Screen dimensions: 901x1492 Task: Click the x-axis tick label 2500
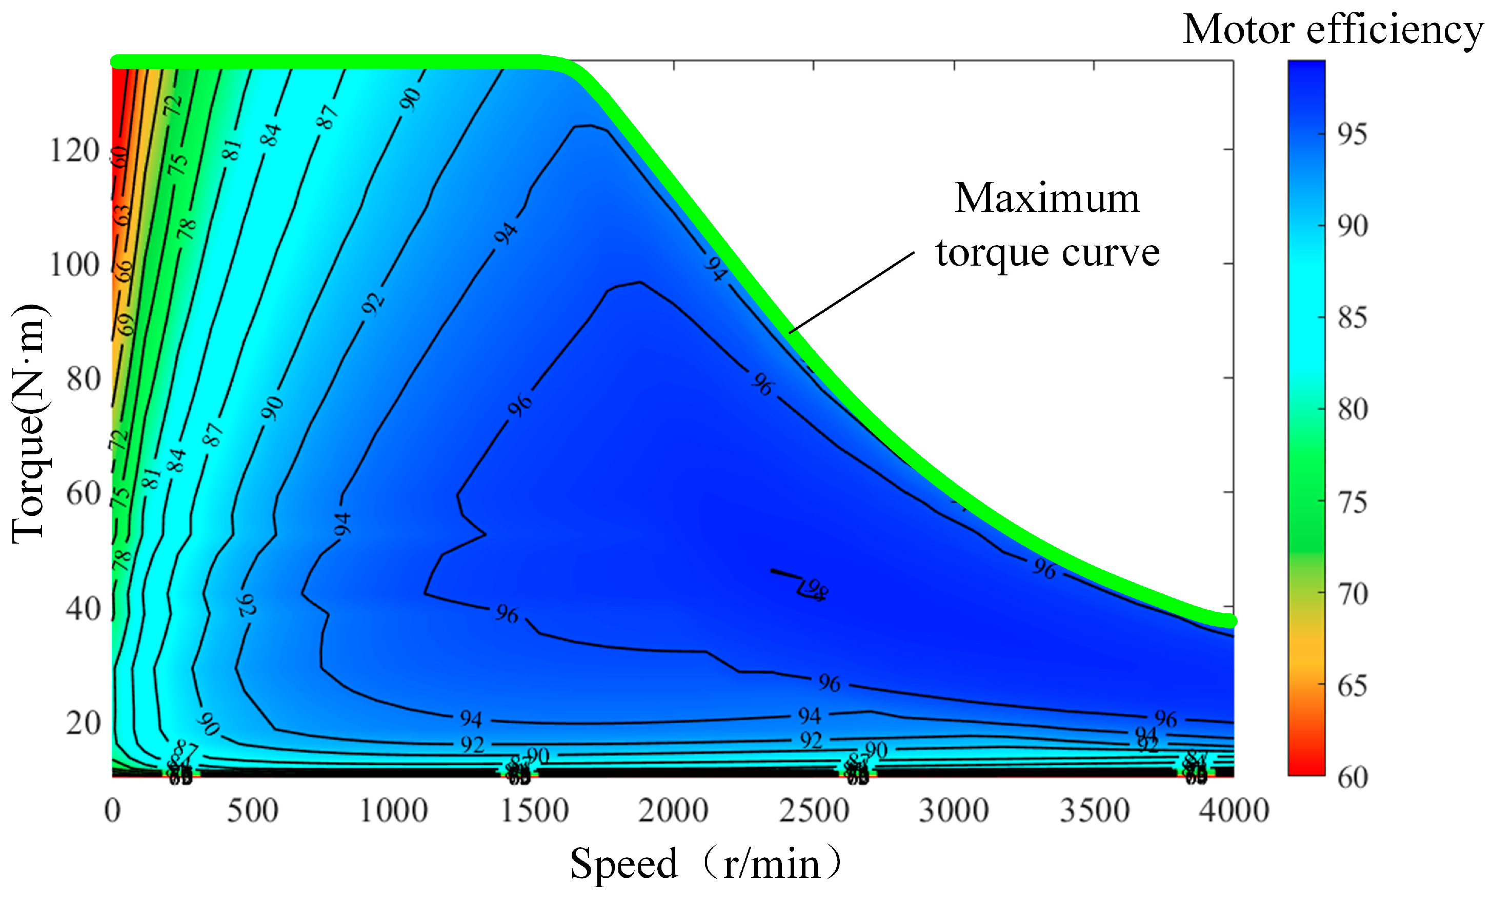tap(814, 810)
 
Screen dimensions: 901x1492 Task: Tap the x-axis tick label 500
tap(252, 810)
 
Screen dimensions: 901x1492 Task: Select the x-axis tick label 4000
tap(1234, 810)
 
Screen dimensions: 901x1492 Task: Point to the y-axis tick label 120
tap(74, 150)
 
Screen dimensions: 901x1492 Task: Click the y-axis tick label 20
tap(83, 723)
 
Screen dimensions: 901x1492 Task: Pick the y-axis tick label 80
tap(83, 379)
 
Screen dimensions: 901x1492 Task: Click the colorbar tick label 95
tap(1352, 134)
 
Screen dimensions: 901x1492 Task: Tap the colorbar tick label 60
tap(1352, 777)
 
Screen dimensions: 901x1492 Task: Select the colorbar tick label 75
tap(1352, 502)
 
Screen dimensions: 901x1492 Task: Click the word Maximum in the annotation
tap(1047, 198)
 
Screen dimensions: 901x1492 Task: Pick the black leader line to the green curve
tap(851, 293)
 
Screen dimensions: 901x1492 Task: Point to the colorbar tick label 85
tap(1352, 318)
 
